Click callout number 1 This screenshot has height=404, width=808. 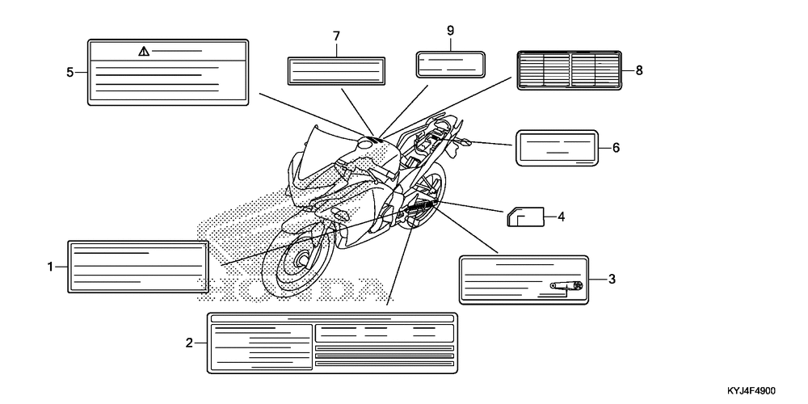[51, 266]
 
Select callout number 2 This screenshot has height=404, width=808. [190, 343]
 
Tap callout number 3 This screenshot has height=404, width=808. [612, 280]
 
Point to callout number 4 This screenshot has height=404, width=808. [560, 216]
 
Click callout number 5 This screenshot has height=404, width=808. [70, 72]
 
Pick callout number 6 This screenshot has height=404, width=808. [616, 148]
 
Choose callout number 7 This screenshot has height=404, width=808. [335, 36]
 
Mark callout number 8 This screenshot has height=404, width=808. [638, 70]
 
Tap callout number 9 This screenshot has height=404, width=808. [451, 31]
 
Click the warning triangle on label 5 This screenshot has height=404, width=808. [144, 51]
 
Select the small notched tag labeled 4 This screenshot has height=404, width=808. [524, 217]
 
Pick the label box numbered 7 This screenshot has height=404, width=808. [335, 70]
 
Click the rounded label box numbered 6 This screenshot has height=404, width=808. [557, 148]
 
